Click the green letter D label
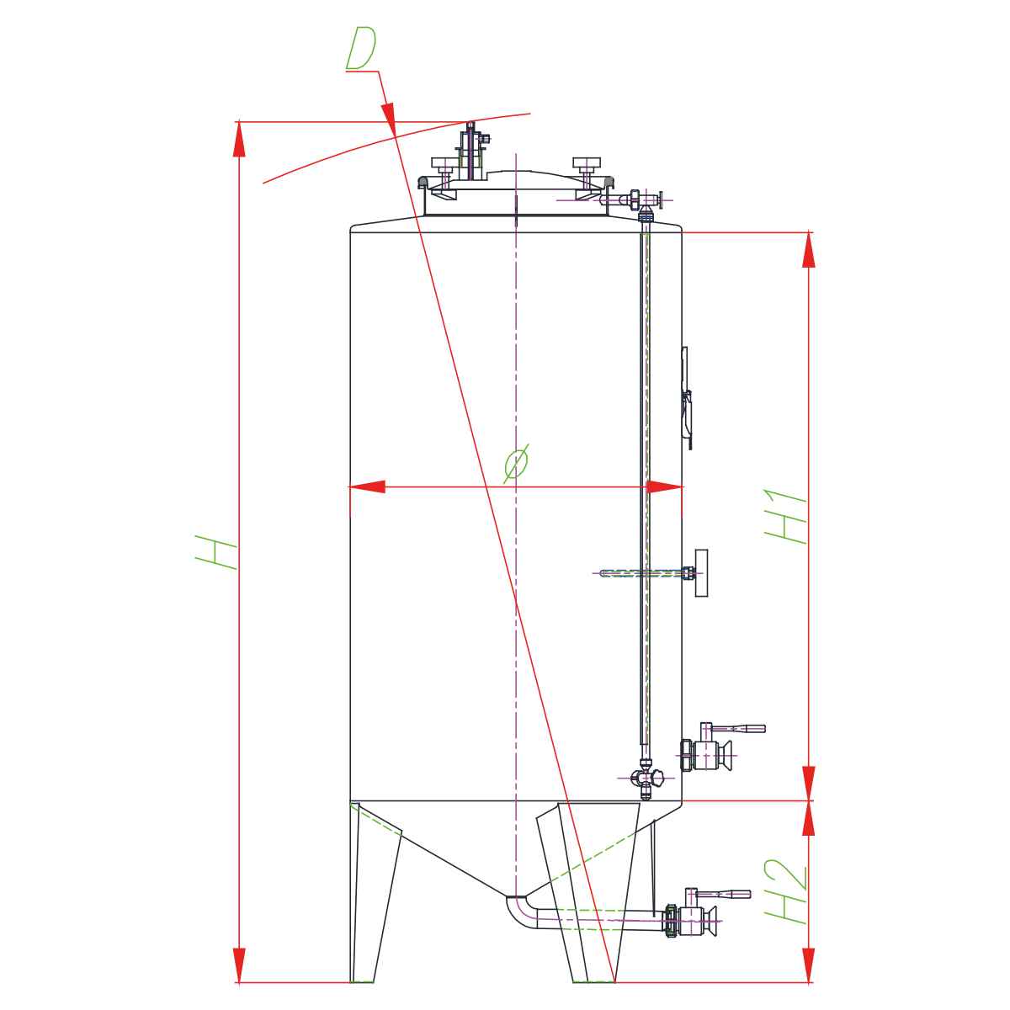coord(360,48)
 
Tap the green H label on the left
coord(215,551)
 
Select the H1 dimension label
coord(784,516)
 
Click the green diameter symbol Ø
coord(516,463)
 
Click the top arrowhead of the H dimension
coord(239,139)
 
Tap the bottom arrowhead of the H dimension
coord(239,965)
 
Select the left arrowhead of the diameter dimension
coord(367,487)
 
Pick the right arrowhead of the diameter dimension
coord(665,487)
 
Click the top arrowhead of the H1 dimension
coord(809,249)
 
